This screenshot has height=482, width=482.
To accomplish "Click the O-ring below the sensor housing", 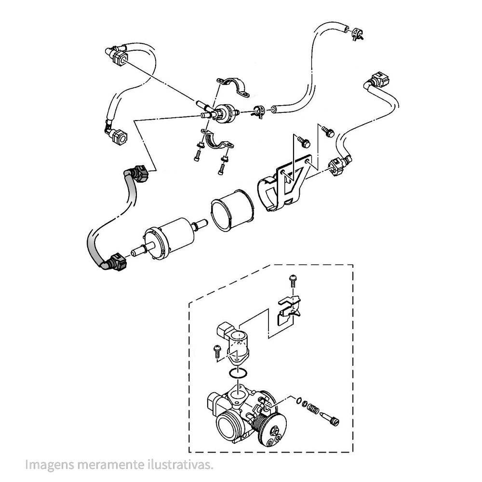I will tap(238, 372).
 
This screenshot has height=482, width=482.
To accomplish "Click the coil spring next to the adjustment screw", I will tap(313, 407).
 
